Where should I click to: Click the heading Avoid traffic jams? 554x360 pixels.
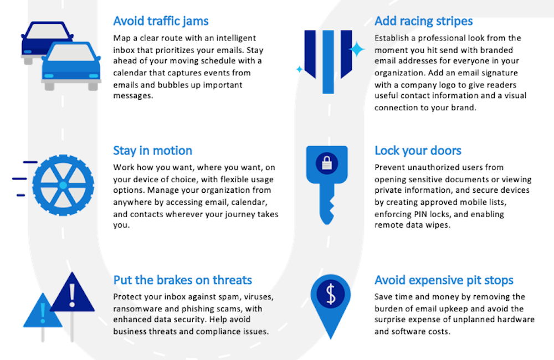coord(161,21)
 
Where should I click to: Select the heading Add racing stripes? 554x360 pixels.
coord(424,21)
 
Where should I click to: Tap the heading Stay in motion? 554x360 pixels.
coord(153,151)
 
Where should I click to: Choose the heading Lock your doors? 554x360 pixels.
coord(418,151)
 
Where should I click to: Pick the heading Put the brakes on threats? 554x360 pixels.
coord(183,280)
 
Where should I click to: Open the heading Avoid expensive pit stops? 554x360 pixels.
coord(444,280)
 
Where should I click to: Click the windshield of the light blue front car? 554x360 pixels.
coord(71,53)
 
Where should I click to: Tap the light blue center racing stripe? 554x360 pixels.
coord(328,62)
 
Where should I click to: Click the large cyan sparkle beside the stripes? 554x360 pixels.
coord(357,49)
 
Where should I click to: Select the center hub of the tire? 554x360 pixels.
coord(63,185)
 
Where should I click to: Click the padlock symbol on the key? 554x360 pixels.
coord(327,163)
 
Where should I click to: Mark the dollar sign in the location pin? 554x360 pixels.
coord(331,294)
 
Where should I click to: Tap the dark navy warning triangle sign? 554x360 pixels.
coord(73,292)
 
